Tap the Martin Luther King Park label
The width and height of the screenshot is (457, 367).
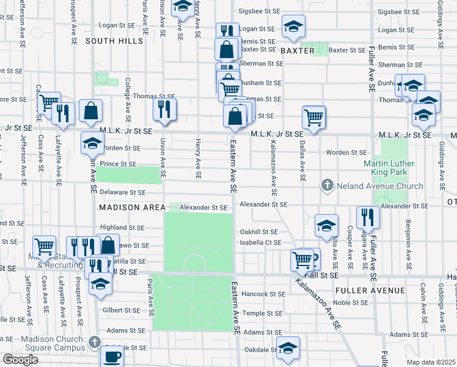coord(389,168)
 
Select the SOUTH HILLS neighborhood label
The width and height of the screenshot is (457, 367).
coord(114,41)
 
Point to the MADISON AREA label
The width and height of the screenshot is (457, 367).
coord(128,207)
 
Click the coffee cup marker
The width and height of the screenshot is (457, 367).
coord(112,356)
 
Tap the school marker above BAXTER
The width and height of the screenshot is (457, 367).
coord(293,27)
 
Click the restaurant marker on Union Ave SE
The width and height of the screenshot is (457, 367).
coord(164,109)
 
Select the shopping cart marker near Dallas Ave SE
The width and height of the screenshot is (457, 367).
coord(313,117)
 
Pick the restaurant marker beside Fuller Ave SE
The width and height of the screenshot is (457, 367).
coord(368,218)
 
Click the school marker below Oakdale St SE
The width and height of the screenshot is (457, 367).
coord(288,349)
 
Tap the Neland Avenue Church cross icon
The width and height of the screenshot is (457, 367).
coord(327,185)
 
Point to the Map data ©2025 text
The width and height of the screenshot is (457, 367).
coord(430,362)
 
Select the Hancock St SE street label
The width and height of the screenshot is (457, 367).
coord(263,294)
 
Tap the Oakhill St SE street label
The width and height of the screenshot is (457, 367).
coord(258,232)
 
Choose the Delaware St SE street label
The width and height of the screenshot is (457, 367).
coord(123,193)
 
